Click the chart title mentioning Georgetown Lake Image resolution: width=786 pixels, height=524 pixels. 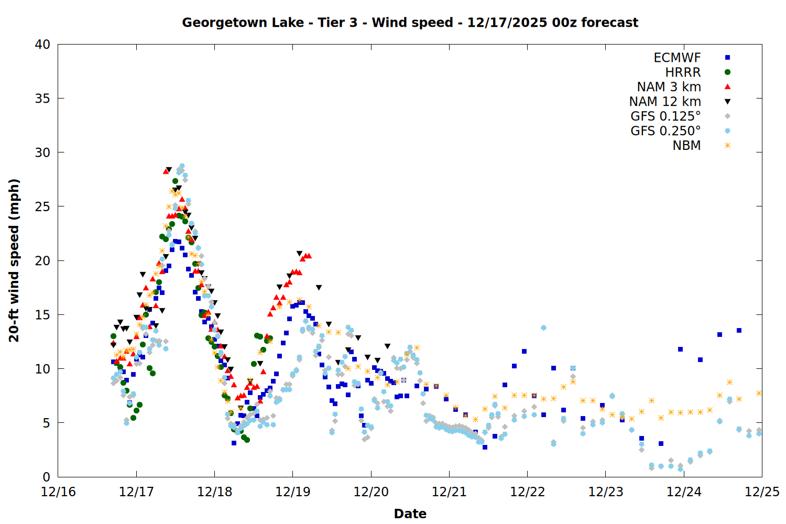410,23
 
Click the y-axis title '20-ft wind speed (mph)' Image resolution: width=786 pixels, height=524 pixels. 14,260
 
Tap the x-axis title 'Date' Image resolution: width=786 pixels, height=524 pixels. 410,514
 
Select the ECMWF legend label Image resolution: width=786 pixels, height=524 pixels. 677,58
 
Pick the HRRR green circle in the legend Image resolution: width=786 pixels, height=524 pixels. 727,72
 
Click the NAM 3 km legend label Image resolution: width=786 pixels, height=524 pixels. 669,87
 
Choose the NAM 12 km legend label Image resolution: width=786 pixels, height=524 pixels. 665,102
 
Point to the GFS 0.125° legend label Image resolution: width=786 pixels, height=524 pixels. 665,116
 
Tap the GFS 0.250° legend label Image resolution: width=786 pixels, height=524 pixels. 665,131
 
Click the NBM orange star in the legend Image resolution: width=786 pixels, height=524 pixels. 727,146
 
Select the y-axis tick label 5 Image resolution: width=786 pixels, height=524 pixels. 47,423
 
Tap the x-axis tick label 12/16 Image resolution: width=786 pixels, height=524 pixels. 58,492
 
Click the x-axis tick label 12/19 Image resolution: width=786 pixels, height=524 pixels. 293,492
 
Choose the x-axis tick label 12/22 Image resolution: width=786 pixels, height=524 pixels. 527,492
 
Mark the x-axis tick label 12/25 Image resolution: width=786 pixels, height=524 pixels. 762,492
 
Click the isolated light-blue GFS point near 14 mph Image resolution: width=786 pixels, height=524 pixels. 543,327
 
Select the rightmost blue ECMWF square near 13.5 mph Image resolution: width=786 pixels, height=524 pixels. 739,330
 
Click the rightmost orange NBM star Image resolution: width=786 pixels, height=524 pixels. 759,393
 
